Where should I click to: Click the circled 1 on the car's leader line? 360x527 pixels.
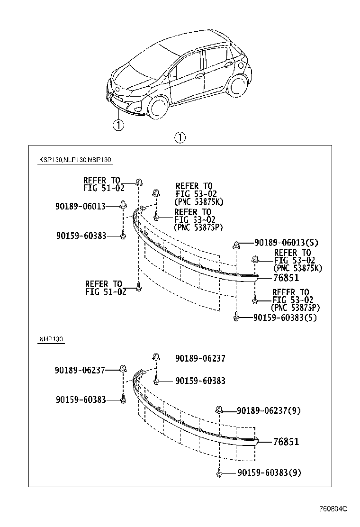click(x=117, y=125)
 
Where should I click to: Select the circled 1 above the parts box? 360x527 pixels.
click(x=180, y=138)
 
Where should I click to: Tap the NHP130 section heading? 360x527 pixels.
click(x=51, y=339)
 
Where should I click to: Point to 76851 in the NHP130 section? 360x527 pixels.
click(x=286, y=442)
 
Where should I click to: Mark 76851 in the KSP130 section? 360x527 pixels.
click(x=286, y=278)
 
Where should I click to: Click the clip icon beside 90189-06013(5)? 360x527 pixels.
click(x=235, y=244)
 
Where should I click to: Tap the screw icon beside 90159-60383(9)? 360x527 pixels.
click(x=219, y=472)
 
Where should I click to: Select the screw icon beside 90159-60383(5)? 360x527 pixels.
click(x=235, y=317)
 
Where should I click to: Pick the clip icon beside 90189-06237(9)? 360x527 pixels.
click(x=219, y=409)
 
